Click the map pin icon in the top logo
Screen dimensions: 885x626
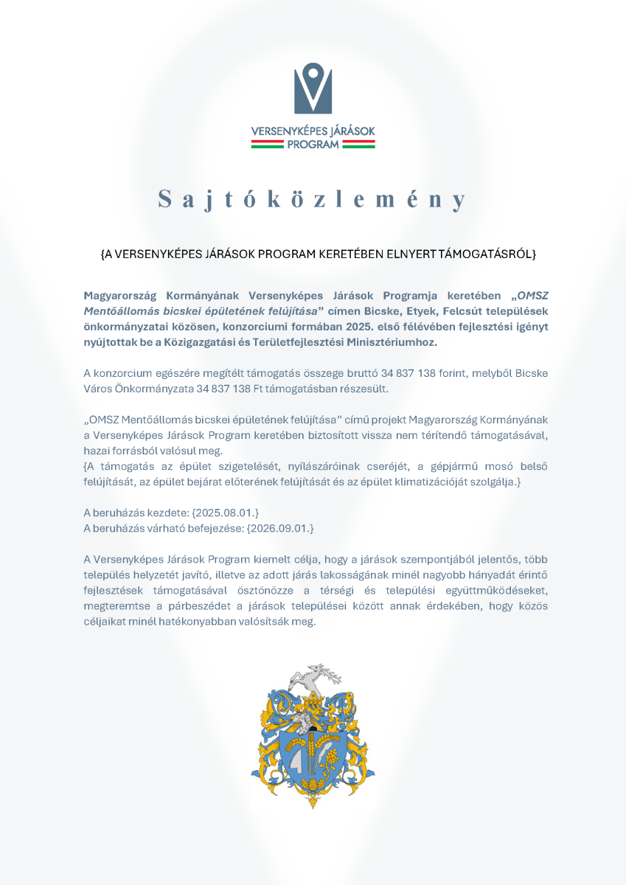(x=313, y=88)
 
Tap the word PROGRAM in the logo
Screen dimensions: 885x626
(x=313, y=145)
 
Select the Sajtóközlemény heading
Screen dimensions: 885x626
(x=313, y=199)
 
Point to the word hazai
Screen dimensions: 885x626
(x=98, y=450)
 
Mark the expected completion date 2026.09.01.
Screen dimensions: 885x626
(x=280, y=527)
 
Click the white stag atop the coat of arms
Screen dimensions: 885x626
(x=310, y=676)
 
